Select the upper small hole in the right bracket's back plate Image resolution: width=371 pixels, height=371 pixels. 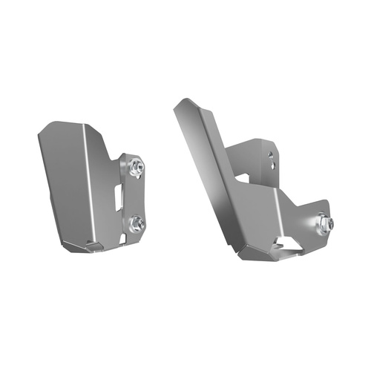(270, 156)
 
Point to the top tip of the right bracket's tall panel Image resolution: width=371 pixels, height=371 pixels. (177, 104)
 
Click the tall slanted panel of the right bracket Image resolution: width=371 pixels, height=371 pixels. (211, 178)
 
